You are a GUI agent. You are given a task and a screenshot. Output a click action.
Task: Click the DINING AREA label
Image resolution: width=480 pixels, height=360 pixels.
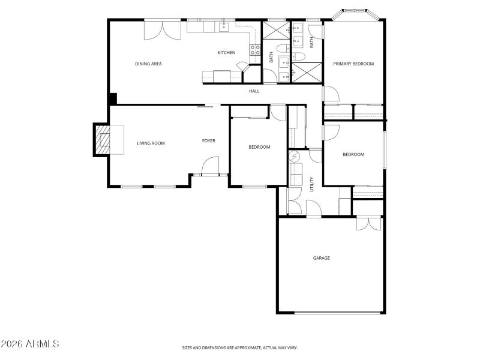(148, 64)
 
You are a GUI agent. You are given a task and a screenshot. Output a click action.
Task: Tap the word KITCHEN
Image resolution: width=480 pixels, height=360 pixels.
(226, 53)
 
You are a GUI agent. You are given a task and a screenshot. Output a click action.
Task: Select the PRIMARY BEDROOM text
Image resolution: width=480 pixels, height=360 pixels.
(353, 64)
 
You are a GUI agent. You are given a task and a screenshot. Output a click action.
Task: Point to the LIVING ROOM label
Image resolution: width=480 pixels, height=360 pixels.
(151, 143)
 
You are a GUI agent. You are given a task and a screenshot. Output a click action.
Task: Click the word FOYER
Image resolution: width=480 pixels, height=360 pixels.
(208, 141)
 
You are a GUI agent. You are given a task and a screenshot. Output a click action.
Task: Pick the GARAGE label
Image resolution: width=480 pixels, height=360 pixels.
(321, 258)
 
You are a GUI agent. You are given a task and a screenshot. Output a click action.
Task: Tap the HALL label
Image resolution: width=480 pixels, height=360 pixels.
(254, 91)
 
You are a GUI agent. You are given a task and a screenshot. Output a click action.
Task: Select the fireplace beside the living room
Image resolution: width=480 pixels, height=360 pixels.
(106, 140)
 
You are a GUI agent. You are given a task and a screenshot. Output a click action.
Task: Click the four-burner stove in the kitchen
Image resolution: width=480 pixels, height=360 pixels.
(255, 50)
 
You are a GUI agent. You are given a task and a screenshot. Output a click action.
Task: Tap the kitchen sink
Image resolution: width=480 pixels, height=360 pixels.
(224, 26)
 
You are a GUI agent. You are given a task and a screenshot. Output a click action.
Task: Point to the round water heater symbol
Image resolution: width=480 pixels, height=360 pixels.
(295, 157)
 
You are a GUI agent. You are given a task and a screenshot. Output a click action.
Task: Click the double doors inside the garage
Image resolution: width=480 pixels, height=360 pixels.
(365, 223)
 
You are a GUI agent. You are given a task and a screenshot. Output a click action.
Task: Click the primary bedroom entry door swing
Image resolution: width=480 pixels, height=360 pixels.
(331, 94)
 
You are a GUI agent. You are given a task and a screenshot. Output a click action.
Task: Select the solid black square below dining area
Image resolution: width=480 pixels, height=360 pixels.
(112, 99)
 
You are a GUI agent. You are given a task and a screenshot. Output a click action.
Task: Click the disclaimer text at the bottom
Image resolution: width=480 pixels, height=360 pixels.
(240, 347)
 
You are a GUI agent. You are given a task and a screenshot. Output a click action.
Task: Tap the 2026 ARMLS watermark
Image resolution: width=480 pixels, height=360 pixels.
(30, 344)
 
